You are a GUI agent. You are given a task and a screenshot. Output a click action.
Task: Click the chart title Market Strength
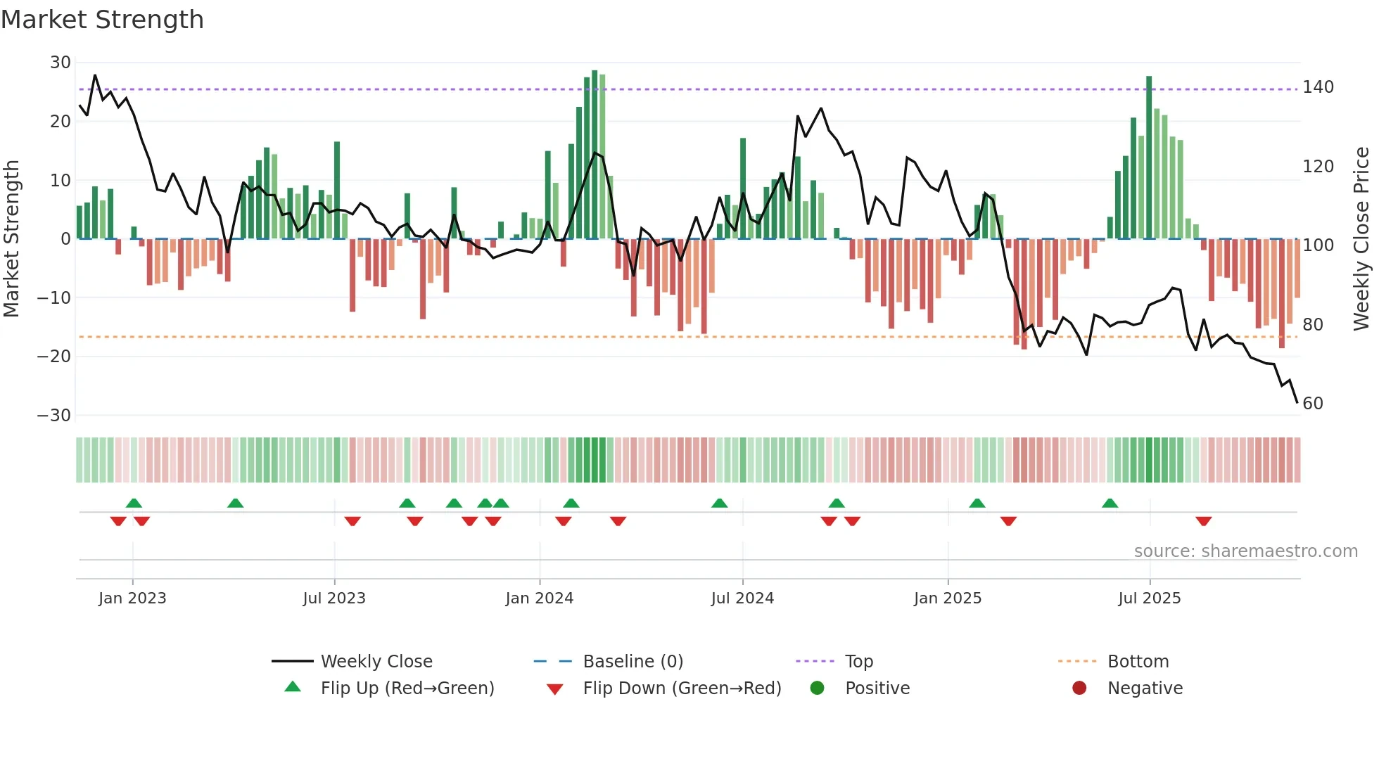tap(102, 20)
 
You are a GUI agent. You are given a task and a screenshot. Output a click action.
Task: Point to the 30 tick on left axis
tap(61, 63)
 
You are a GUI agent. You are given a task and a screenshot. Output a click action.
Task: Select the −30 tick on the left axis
tap(54, 415)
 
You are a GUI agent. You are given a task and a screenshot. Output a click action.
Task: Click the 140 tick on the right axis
tap(1318, 87)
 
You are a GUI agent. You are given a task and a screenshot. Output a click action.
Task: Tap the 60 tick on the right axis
tap(1313, 404)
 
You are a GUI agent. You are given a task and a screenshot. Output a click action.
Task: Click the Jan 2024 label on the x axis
tap(539, 598)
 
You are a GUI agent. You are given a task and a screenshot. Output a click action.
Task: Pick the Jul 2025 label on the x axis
tap(1149, 598)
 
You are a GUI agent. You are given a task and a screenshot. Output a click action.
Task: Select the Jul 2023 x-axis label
tap(334, 598)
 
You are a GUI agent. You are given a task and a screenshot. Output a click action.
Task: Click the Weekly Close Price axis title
tap(1361, 238)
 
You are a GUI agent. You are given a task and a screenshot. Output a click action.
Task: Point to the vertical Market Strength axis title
tap(11, 238)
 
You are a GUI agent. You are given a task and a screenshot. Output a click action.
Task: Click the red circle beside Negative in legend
tap(1079, 688)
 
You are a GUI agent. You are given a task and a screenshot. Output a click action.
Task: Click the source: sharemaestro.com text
tap(1245, 551)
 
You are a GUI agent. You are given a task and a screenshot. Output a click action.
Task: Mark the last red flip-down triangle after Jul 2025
tap(1203, 521)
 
